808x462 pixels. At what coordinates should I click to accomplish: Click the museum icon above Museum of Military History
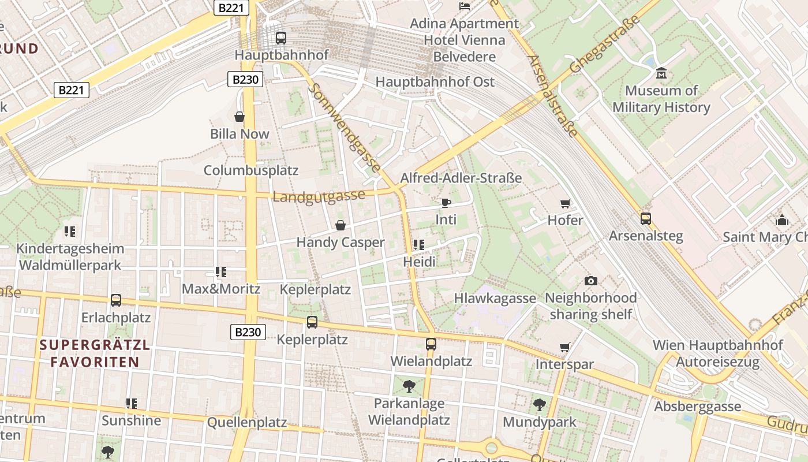point(661,73)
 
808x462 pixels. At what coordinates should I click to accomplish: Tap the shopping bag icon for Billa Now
point(240,117)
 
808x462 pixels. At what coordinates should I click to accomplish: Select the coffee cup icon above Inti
point(446,203)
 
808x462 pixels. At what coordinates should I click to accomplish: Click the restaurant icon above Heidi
point(419,245)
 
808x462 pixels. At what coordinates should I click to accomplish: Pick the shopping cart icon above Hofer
point(566,203)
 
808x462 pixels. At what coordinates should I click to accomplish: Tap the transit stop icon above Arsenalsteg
point(646,219)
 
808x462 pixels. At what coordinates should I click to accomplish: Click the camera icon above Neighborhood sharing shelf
point(591,281)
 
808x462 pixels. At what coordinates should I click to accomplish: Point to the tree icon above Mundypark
point(540,405)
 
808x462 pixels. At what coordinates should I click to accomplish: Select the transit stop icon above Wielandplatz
point(431,344)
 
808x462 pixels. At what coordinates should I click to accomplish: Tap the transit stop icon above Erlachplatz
point(116,300)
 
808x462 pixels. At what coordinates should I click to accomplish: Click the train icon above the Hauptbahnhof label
point(281,38)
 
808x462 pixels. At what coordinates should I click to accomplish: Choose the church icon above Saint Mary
point(783,220)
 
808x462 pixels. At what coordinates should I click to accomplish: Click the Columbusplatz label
point(251,170)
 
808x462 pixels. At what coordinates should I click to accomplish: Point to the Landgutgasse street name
point(319,196)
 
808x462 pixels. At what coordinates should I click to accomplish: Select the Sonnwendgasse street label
point(345,128)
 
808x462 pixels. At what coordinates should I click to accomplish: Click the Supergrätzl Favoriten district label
point(95,354)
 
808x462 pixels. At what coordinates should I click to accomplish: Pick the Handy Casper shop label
point(341,242)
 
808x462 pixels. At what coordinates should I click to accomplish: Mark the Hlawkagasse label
point(495,298)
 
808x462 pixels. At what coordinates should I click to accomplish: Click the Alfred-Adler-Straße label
point(461,178)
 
